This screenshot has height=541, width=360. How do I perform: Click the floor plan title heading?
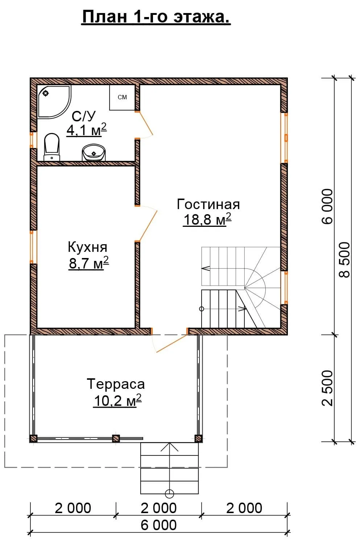(x=156, y=17)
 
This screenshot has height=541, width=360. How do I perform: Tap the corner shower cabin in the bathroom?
(x=54, y=101)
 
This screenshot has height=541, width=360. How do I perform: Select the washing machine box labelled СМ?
(x=122, y=97)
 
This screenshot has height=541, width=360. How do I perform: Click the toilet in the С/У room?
(x=52, y=147)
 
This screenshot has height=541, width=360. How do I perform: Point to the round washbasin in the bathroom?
(x=94, y=153)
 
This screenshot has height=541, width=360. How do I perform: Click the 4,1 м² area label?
(x=87, y=130)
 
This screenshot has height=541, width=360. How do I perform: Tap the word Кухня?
(x=87, y=247)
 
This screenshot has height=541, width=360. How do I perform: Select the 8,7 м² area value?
(x=89, y=263)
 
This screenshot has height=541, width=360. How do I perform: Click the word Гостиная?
(x=208, y=204)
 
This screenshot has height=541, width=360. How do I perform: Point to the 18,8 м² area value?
(x=207, y=220)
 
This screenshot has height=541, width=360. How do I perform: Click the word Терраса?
(x=116, y=384)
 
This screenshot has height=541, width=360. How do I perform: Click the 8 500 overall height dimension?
(x=344, y=260)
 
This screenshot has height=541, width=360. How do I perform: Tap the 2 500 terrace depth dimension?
(x=328, y=388)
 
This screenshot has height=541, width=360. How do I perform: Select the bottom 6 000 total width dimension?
(x=158, y=525)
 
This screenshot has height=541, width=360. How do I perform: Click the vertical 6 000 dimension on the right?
(x=328, y=207)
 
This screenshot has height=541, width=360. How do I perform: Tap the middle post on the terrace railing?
(x=116, y=438)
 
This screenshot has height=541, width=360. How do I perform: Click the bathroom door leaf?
(x=145, y=124)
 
